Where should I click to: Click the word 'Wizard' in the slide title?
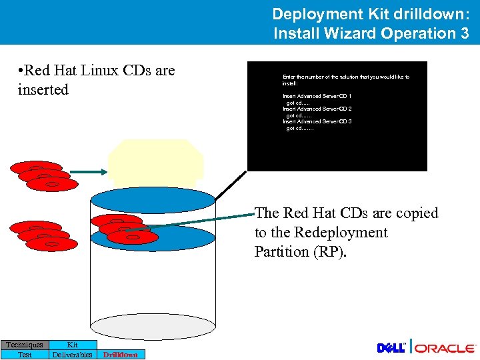click(x=359, y=33)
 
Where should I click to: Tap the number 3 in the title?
click(x=464, y=33)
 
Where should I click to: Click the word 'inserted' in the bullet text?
click(x=43, y=89)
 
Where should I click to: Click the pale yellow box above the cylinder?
click(x=155, y=163)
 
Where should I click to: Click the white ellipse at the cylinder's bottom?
click(x=153, y=327)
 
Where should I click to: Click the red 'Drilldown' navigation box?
click(x=121, y=355)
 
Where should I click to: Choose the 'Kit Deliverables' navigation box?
click(x=72, y=349)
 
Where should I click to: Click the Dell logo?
click(x=392, y=348)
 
